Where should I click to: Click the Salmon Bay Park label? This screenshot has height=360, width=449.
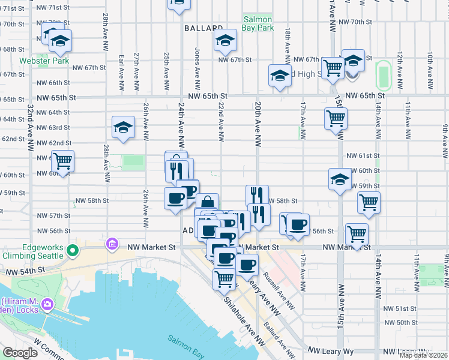click(x=258, y=23)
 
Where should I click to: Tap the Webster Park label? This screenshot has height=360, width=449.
click(x=44, y=61)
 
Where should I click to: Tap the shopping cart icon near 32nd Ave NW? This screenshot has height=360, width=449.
click(x=62, y=161)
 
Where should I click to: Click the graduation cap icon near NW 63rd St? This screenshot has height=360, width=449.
click(x=123, y=127)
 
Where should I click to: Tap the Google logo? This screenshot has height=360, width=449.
click(x=20, y=352)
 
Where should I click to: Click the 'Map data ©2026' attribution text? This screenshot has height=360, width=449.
click(x=423, y=355)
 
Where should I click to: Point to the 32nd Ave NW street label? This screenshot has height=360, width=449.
click(x=30, y=131)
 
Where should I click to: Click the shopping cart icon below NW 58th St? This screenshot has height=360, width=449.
click(x=369, y=202)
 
